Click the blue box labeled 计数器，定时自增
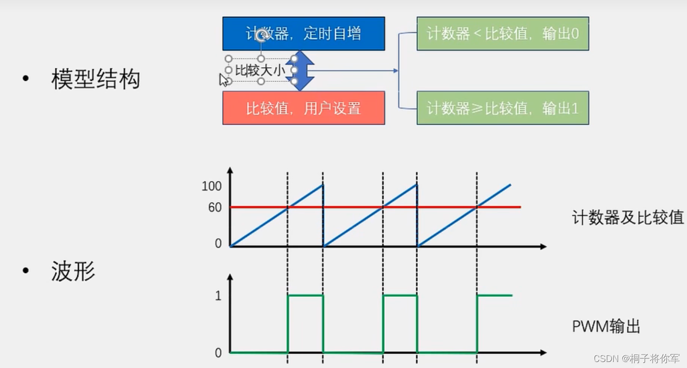pos(303,34)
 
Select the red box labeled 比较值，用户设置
pos(303,108)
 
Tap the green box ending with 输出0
pos(502,34)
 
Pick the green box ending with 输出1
pos(502,108)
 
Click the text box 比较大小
pos(260,70)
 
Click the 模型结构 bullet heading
pos(95,79)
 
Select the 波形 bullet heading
pos(73,272)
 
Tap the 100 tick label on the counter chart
pos(211,186)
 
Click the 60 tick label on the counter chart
pos(214,207)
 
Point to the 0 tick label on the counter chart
pos(218,243)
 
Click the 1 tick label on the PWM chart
pos(218,296)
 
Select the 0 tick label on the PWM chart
pos(218,353)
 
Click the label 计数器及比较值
pos(628,217)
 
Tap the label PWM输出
pos(606,327)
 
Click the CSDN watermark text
pos(636,358)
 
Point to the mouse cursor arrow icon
pos(223,80)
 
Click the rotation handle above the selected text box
pos(261,35)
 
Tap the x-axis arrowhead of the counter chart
pos(543,247)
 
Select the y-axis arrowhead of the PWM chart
pos(230,277)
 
